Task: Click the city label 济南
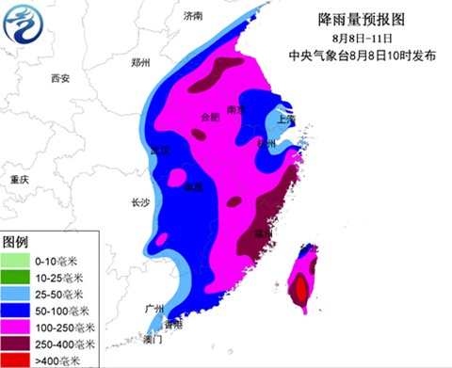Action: coord(193,16)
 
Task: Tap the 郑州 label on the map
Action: coord(141,63)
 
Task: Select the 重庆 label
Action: coord(20,179)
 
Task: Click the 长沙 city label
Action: coord(140,201)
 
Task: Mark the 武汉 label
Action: coord(160,151)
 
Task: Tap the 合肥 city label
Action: coord(211,117)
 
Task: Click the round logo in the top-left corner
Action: coord(25,27)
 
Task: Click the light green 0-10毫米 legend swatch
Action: coord(15,259)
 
